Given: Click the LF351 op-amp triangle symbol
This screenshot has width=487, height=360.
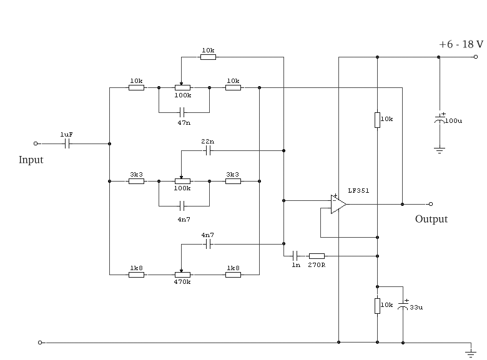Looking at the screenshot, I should click(338, 204).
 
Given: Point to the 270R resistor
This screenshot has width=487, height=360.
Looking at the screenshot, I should click(317, 255).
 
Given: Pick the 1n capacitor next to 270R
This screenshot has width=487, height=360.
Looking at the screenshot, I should click(296, 255).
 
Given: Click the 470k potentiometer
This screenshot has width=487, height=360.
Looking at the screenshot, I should click(182, 274).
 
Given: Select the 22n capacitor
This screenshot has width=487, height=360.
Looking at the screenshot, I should click(208, 150).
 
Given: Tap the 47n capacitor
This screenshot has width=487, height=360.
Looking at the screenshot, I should click(182, 113).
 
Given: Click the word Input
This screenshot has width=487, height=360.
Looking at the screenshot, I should click(31, 160).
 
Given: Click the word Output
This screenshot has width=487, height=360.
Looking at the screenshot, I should click(431, 219).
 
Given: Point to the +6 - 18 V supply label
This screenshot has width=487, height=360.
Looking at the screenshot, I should click(461, 44).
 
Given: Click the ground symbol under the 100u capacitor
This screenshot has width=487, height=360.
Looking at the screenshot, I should click(440, 150).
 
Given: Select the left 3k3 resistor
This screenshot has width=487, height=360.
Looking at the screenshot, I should click(137, 182).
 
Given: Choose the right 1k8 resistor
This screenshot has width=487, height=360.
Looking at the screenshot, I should click(232, 274).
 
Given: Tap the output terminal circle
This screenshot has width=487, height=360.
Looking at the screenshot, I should click(430, 204).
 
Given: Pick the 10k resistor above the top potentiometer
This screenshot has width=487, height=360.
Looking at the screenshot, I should click(208, 57).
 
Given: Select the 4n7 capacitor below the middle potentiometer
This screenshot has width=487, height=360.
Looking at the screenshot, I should click(182, 205).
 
